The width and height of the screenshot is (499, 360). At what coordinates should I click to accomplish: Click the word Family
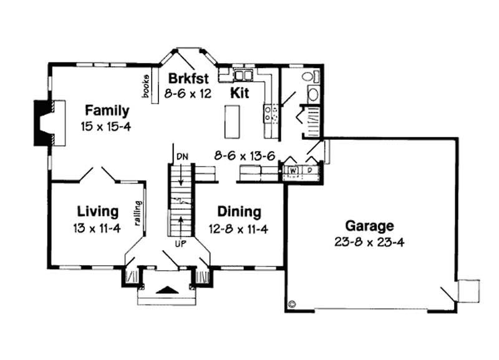(x=107, y=111)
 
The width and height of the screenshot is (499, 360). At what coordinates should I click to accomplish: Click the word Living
(x=97, y=210)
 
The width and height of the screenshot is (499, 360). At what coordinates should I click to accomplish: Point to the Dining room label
(x=240, y=212)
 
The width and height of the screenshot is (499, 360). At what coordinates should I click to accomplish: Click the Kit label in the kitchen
(x=240, y=94)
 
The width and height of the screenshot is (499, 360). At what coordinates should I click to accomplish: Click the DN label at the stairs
(x=182, y=155)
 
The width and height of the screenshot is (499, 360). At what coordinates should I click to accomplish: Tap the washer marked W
(x=292, y=170)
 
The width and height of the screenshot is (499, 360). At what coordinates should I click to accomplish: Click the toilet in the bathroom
(x=308, y=77)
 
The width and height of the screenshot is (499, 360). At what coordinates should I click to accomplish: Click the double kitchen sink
(x=242, y=75)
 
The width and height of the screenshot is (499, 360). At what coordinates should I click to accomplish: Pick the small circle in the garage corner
(x=293, y=304)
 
